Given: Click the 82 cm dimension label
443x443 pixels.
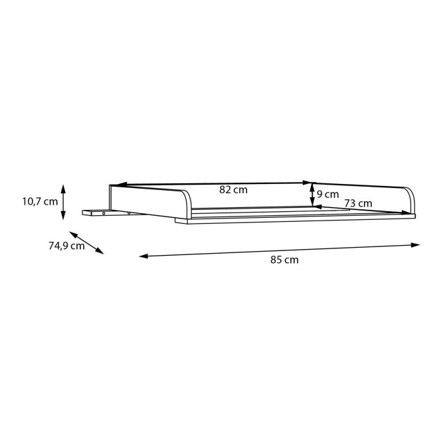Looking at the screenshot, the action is [x=233, y=189].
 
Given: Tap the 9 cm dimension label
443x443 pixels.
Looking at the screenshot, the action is [x=327, y=195].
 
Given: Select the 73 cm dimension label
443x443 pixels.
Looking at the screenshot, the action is [x=358, y=203].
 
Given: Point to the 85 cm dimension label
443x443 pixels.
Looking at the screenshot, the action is [x=284, y=260].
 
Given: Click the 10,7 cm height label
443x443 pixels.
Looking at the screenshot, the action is [x=40, y=202].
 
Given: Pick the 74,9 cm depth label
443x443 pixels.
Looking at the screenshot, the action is [x=66, y=246].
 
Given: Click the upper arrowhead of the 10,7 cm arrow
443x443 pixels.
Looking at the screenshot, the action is [x=63, y=189].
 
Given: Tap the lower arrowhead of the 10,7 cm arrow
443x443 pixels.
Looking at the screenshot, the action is [x=63, y=215].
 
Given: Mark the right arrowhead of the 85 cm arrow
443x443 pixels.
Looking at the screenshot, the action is [x=415, y=245].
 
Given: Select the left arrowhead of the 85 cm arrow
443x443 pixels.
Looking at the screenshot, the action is [x=143, y=256].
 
